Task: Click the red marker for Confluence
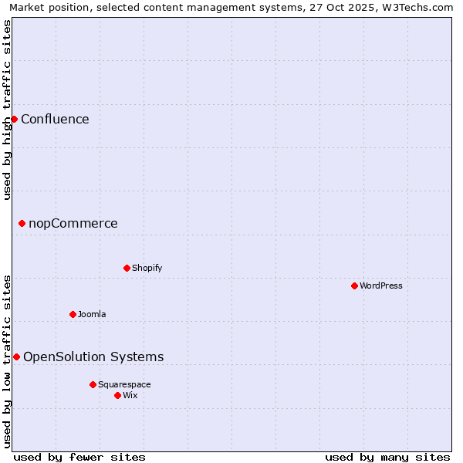[x=14, y=119]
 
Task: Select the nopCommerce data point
[x=22, y=224]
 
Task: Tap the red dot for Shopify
[x=127, y=268]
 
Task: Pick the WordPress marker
[x=354, y=286]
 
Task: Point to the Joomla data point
[x=73, y=314]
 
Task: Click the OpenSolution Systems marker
[x=16, y=357]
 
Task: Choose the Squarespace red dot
[x=93, y=384]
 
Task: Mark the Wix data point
[x=117, y=395]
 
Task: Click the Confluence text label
[x=55, y=119]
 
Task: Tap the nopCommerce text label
[x=73, y=224]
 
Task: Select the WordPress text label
[x=381, y=286]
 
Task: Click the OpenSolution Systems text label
[x=93, y=357]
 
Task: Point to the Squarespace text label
[x=124, y=384]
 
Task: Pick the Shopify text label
[x=147, y=268]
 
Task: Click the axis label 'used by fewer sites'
[x=79, y=457]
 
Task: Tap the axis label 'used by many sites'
[x=387, y=457]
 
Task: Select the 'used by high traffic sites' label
[x=7, y=110]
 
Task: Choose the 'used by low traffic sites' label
[x=7, y=361]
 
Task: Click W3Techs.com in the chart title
[x=418, y=8]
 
